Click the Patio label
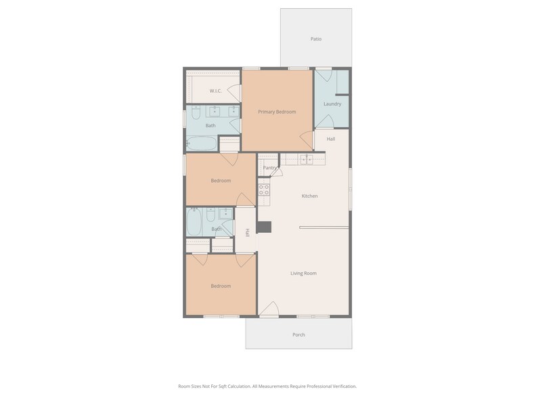coord(316,39)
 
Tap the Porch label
coord(298,335)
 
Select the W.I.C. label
coord(215,91)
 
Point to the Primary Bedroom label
coord(277,112)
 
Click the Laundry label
coord(332,104)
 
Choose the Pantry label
coord(269,168)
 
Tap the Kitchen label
coord(309,196)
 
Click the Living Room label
coord(303,273)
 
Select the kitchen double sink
coord(307,159)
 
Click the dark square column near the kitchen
coord(264,227)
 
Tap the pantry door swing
coord(276,172)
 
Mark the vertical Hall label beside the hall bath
coord(248,232)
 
